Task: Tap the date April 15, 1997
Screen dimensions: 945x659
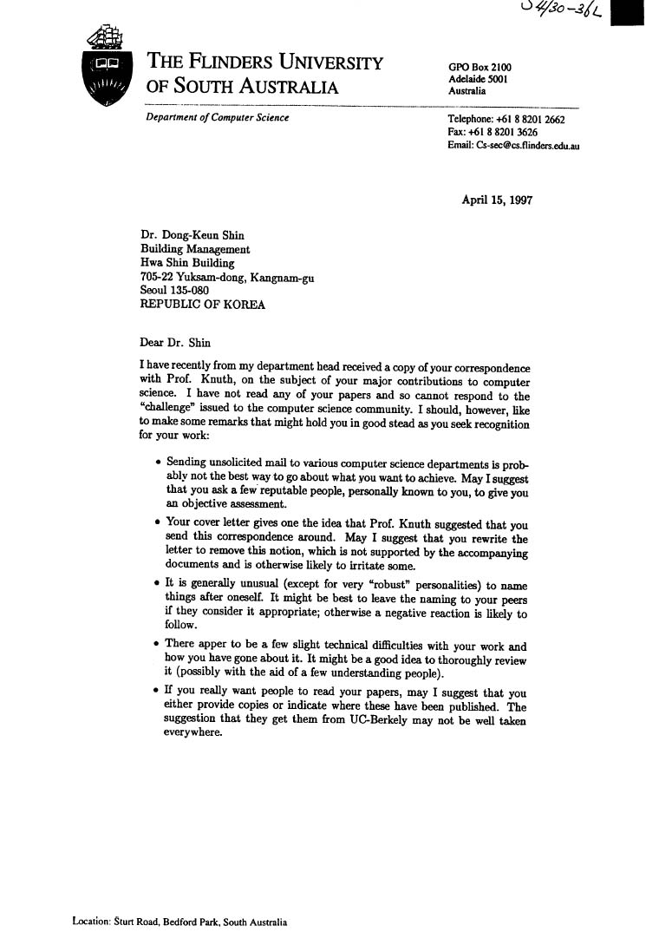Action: coord(497,200)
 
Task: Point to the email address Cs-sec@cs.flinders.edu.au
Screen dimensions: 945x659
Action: coord(513,146)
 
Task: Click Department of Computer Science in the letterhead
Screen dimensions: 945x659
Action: coord(218,118)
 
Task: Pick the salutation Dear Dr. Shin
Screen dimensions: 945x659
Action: coord(175,342)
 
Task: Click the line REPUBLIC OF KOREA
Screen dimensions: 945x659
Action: coord(203,305)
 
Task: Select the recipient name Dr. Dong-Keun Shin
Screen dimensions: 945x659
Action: coord(192,235)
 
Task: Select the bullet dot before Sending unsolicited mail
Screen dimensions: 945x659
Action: coord(157,463)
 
